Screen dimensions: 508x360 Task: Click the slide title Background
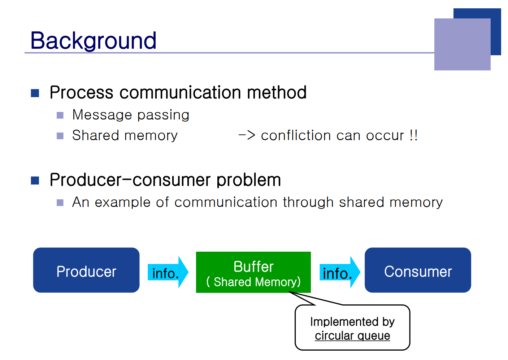tap(93, 41)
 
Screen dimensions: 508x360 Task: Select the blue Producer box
tap(86, 270)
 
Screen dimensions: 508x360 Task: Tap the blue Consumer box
tap(418, 270)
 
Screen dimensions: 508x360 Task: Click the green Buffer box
tap(253, 272)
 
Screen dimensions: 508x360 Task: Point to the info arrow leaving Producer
tap(168, 272)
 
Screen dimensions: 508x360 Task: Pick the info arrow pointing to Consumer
tap(340, 272)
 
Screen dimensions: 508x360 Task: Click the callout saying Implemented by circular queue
tap(352, 328)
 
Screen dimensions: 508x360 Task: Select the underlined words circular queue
tap(352, 336)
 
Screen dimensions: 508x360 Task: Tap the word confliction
tap(296, 135)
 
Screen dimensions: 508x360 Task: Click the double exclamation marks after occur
tap(414, 135)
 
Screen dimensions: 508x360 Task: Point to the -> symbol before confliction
tap(247, 135)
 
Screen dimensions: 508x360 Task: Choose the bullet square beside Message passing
tap(60, 115)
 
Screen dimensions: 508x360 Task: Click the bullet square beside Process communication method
tap(35, 93)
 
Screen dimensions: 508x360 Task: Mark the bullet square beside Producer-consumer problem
tap(35, 181)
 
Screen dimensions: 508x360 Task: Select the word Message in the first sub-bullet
tap(102, 114)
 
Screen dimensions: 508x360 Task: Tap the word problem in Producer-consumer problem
tap(249, 180)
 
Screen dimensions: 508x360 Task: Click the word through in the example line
tap(308, 202)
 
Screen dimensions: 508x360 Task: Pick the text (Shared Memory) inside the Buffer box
tap(253, 282)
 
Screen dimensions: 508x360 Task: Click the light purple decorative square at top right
tap(463, 44)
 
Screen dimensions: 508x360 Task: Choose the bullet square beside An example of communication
tap(60, 203)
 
